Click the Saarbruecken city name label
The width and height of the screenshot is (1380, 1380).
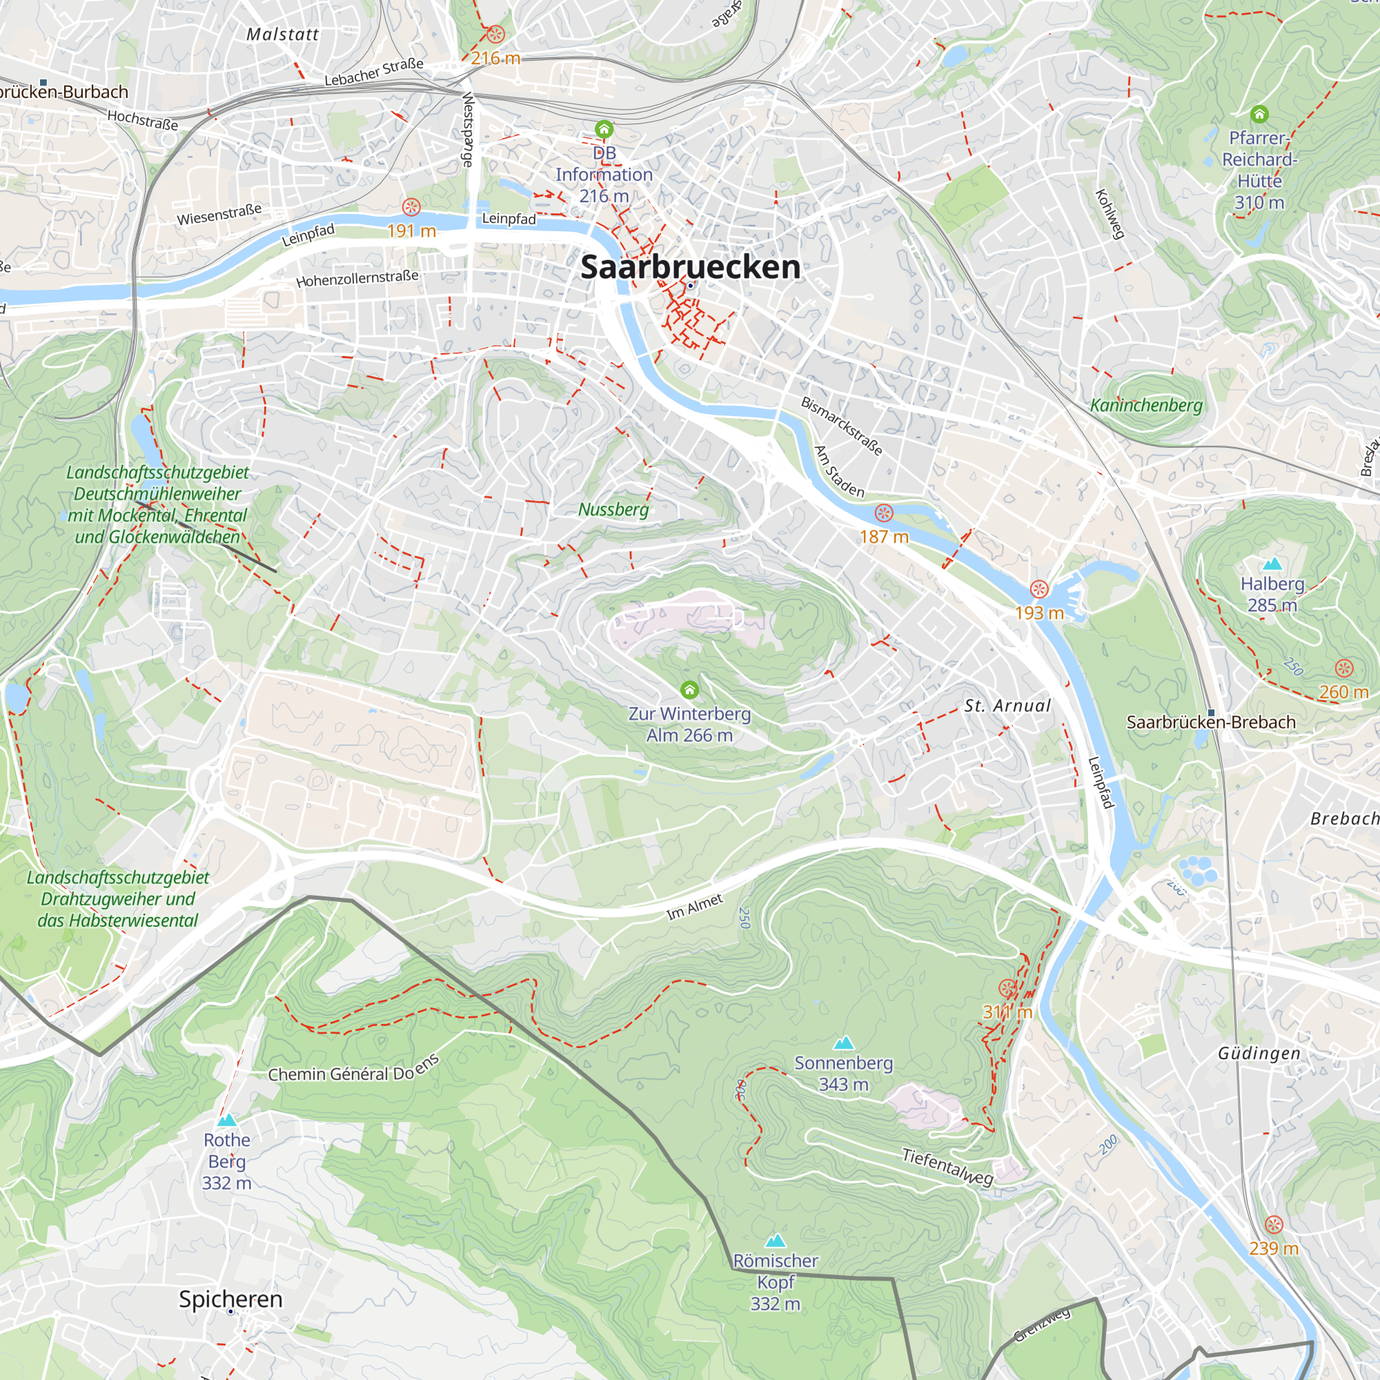(690, 267)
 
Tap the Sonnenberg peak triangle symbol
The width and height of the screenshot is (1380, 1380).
(845, 1043)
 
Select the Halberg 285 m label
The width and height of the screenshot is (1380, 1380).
(1272, 594)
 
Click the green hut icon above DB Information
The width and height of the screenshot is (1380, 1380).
(604, 129)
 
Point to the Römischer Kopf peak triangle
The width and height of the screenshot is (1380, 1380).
(775, 1241)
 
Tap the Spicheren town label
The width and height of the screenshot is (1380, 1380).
(230, 1299)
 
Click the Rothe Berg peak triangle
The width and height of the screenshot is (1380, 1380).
(227, 1120)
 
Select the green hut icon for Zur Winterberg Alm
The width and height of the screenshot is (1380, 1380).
(689, 689)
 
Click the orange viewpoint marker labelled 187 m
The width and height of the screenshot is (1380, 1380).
(884, 513)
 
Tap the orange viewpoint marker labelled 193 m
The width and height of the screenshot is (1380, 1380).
(1039, 589)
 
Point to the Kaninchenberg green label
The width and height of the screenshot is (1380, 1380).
(1145, 406)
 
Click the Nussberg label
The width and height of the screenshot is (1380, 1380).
(613, 509)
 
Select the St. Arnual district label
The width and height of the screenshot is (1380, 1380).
(1008, 707)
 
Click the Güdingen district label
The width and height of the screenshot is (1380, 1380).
(1259, 1054)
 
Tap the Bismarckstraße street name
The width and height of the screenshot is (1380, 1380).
(841, 426)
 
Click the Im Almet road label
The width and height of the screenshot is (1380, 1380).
(694, 907)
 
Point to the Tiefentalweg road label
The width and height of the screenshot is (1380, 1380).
(947, 1166)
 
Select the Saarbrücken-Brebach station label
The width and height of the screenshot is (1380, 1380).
(1211, 722)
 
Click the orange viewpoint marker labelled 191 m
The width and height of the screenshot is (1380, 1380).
(411, 207)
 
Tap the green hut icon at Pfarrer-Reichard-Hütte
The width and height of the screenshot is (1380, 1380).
(1259, 115)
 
